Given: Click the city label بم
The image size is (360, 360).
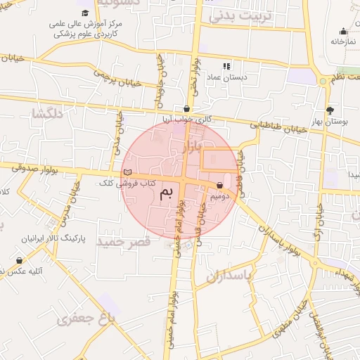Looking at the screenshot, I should pyautogui.click(x=166, y=195).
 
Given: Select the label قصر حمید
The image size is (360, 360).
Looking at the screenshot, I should pyautogui.click(x=124, y=241).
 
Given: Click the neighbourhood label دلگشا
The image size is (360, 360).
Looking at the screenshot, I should pyautogui.click(x=48, y=112).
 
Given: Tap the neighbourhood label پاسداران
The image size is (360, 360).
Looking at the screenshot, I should pyautogui.click(x=229, y=276).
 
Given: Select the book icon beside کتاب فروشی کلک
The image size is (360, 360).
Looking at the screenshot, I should pyautogui.click(x=127, y=172).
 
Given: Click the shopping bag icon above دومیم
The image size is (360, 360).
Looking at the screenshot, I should pyautogui.click(x=221, y=186).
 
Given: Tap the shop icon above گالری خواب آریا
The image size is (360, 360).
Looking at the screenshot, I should pyautogui.click(x=186, y=108).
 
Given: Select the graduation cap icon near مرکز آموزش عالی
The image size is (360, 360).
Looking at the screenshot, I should pyautogui.click(x=85, y=13).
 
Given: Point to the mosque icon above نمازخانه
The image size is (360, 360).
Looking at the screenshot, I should pyautogui.click(x=343, y=31).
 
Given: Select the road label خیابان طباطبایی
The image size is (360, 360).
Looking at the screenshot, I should pyautogui.click(x=278, y=127).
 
